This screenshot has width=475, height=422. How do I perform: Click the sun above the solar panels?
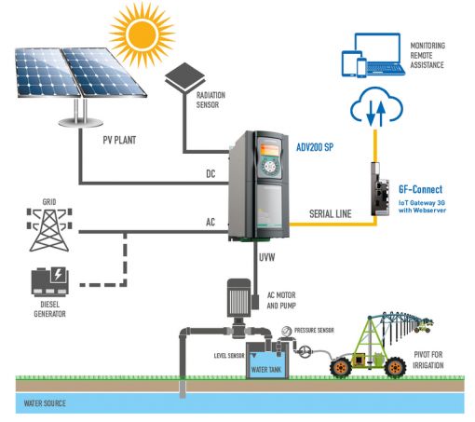[142, 34]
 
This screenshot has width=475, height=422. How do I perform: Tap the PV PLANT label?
[119, 140]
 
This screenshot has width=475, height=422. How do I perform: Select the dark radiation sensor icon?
[185, 77]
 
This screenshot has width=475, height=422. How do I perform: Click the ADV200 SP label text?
[315, 147]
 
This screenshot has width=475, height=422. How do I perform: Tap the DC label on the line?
[210, 173]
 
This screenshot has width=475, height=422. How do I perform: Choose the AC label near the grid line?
[210, 222]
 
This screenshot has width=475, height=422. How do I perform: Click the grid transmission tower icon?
[49, 229]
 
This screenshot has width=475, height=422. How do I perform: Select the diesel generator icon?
[50, 281]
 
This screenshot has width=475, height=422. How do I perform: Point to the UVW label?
[267, 257]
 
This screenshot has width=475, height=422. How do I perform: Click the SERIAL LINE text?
[331, 213]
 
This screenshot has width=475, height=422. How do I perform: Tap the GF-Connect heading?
[421, 189]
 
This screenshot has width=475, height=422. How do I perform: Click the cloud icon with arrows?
[376, 106]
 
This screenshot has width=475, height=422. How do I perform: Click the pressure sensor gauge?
[286, 332]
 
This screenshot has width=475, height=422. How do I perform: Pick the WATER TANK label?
[266, 370]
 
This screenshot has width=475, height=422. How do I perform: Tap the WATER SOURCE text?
[45, 403]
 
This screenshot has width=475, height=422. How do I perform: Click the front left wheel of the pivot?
[341, 368]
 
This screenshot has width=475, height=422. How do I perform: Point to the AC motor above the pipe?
[238, 297]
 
